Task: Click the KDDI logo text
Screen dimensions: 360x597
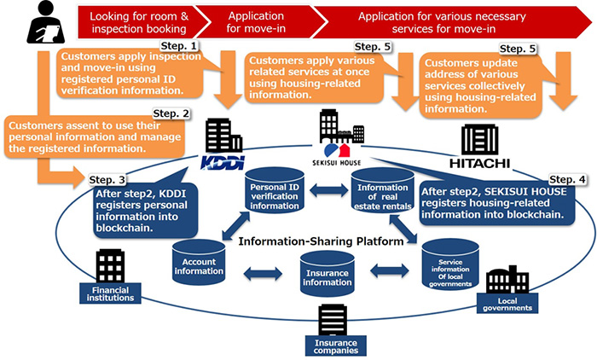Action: pos(217,159)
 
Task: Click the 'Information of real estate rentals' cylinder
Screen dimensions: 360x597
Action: pos(384,192)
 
